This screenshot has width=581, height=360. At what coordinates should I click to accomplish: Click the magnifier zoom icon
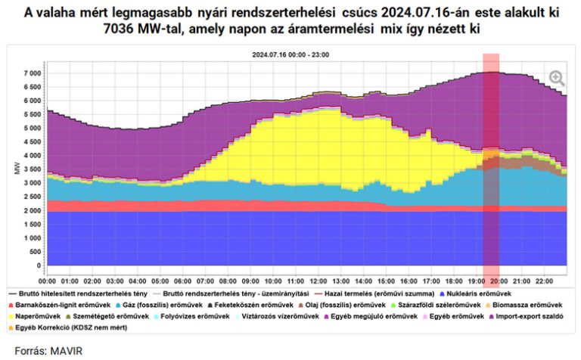557,78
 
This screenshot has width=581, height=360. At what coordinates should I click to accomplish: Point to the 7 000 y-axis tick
31,73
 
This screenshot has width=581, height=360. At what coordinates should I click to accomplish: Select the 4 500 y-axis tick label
31,142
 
